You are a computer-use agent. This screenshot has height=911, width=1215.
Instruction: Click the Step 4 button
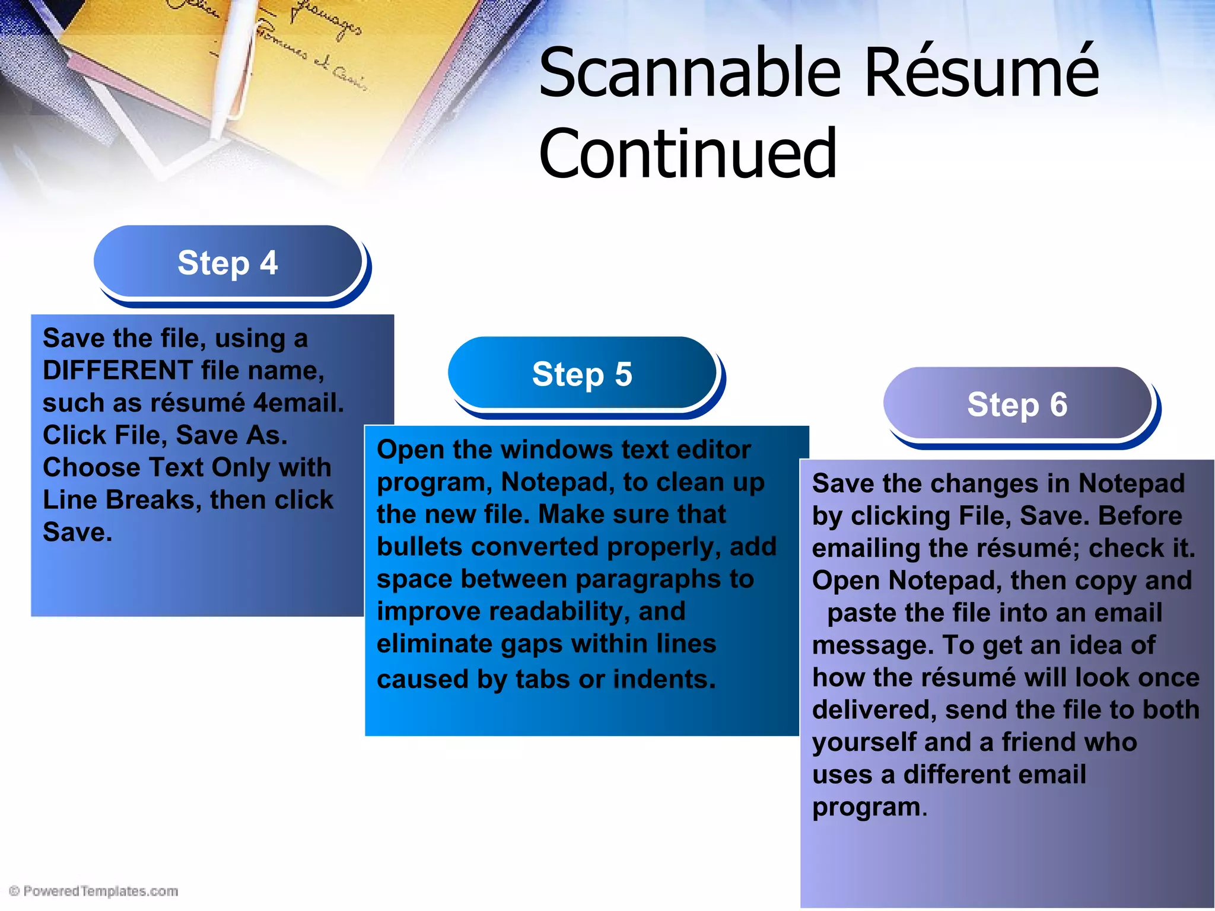[x=228, y=262]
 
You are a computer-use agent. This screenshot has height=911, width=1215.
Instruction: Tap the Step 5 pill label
[x=582, y=374]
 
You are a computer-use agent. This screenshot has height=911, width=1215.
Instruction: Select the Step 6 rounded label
[x=1017, y=404]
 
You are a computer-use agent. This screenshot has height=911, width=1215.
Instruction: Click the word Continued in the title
[x=688, y=154]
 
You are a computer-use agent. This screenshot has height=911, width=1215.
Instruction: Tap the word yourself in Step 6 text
[x=864, y=743]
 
